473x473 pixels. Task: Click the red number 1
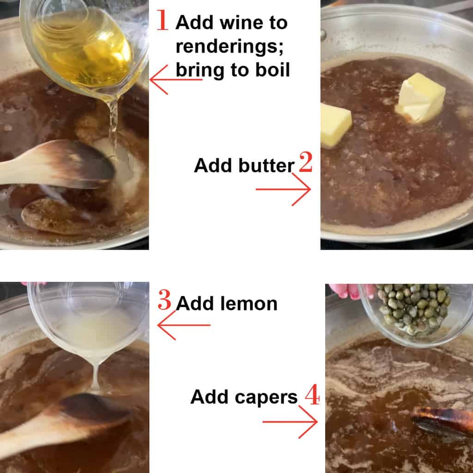(x=162, y=21)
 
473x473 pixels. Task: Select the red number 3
(x=164, y=301)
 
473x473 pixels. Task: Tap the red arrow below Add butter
(x=284, y=189)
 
